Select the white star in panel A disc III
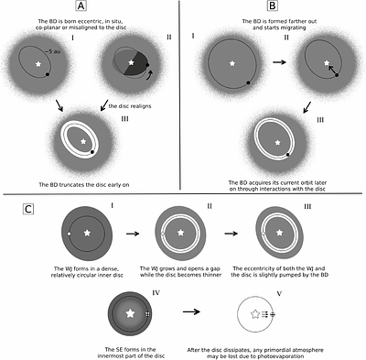(84, 143)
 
